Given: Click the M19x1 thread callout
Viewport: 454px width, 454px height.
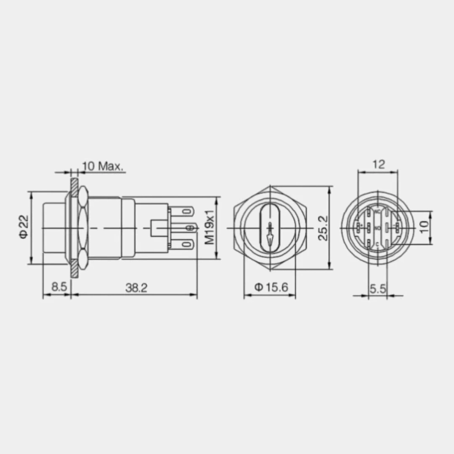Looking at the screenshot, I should tap(209, 227).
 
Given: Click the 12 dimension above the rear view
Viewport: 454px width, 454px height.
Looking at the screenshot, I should tap(378, 164).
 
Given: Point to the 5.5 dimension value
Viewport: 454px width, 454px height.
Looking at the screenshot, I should tap(378, 287).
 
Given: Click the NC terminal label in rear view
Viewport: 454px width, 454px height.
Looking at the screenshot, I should tap(377, 211).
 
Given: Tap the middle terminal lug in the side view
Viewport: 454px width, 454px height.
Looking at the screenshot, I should tap(189, 227).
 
